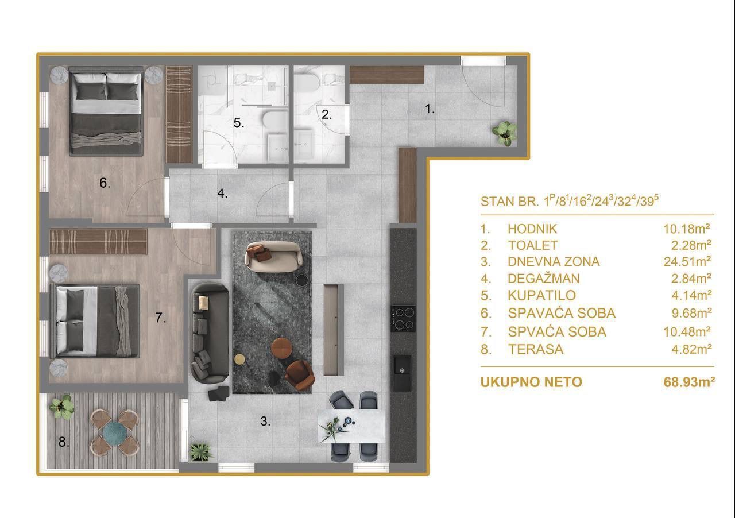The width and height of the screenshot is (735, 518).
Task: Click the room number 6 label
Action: click(105, 183)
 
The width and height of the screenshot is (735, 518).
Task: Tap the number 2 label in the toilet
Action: click(326, 114)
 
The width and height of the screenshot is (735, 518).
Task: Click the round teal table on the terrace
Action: click(115, 431)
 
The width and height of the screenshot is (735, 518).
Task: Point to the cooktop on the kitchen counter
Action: click(403, 318)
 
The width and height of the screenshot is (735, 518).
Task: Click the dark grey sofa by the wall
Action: click(210, 333)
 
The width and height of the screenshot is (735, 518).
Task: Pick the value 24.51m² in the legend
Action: click(687, 262)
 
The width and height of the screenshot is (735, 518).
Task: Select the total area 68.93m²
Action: click(688, 382)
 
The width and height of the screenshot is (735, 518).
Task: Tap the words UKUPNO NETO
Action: click(531, 382)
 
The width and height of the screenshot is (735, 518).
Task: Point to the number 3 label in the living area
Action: click(265, 422)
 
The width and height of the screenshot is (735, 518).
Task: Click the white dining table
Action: click(352, 426)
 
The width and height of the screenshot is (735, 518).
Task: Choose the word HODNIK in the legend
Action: click(532, 229)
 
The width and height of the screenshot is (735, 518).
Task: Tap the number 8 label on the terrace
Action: click(64, 442)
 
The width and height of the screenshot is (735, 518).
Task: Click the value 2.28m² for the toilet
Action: click(691, 245)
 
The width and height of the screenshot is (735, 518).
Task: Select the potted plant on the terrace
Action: click(61, 407)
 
